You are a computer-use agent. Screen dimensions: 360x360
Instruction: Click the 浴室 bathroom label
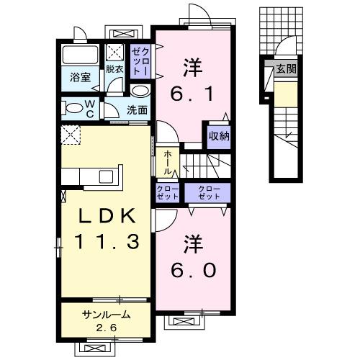click(80, 78)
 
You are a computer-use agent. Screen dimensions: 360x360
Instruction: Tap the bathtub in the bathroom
click(81, 55)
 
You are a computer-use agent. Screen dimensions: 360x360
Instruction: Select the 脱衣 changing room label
click(114, 70)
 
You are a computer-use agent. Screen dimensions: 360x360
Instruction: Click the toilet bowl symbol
click(74, 109)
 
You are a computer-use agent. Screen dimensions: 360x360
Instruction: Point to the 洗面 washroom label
click(137, 110)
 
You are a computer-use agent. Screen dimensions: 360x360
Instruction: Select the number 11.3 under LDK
click(103, 243)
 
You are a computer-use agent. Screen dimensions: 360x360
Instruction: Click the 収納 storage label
click(219, 136)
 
